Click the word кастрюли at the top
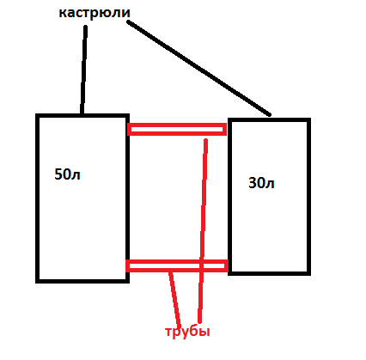point(95,13)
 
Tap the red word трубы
point(187,332)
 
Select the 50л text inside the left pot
point(67,174)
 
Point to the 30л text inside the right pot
point(261,183)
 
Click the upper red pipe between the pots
point(177,129)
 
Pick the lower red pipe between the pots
point(177,265)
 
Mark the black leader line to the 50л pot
point(83,70)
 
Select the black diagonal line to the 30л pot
point(198,68)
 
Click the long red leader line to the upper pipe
point(203,230)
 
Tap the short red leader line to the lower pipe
point(174,299)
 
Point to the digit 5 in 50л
point(58,174)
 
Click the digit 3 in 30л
point(252,183)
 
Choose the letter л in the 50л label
point(76,175)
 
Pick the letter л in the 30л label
point(270,185)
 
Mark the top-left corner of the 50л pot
point(37,115)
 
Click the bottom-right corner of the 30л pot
point(309,273)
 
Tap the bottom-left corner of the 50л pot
point(37,281)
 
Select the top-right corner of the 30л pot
point(309,119)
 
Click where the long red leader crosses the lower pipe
point(201,265)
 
